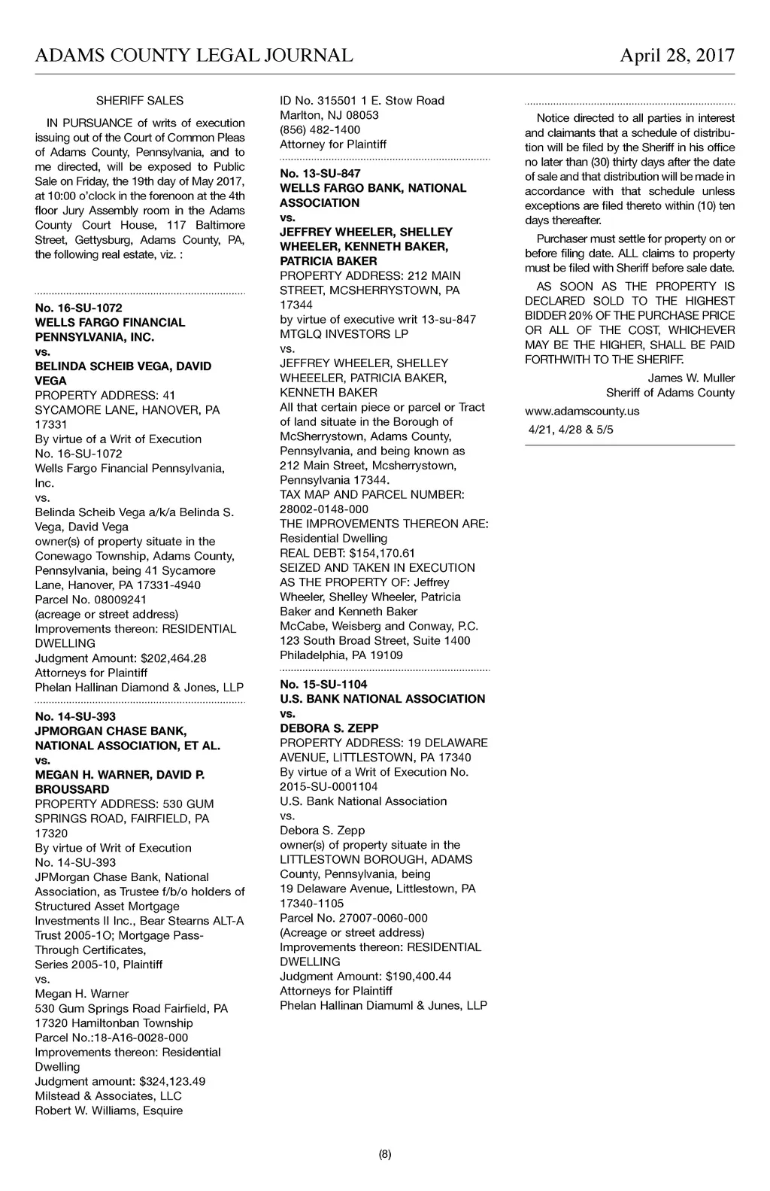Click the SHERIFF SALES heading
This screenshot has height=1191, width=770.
(140, 100)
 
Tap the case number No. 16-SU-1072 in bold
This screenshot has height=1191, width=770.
(78, 308)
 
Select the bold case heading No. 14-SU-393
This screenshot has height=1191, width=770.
(75, 716)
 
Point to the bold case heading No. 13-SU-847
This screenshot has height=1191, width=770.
(320, 174)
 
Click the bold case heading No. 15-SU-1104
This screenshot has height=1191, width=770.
(323, 684)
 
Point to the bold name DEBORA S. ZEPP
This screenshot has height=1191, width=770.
(329, 728)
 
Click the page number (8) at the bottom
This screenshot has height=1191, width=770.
(385, 1154)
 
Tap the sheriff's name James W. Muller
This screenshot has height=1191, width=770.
(691, 378)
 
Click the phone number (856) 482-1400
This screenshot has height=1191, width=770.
(320, 130)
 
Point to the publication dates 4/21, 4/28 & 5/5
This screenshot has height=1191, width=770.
(571, 431)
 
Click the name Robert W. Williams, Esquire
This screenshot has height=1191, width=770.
(109, 1110)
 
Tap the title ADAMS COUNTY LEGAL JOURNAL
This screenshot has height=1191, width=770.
(194, 56)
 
